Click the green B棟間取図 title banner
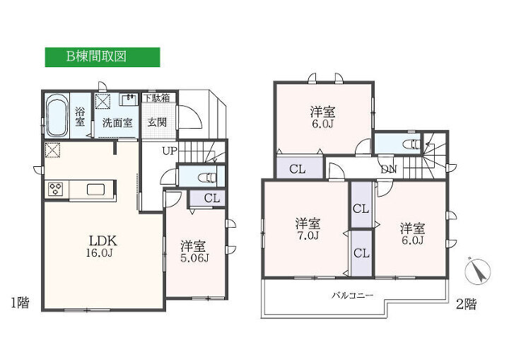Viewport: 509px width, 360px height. point(103,57)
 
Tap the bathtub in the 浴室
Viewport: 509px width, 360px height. point(57,116)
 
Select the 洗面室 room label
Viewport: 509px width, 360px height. point(117,123)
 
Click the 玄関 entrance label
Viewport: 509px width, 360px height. point(157,122)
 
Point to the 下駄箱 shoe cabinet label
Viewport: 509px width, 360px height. point(157,98)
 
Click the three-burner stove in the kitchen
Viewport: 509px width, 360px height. point(56,189)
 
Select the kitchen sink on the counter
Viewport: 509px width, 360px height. point(95,190)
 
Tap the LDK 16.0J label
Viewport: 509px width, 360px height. point(103,246)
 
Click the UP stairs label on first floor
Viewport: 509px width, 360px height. point(170,151)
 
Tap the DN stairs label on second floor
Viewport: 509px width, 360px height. point(389,169)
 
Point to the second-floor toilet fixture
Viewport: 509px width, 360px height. point(411,144)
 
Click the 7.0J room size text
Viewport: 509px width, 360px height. point(308,236)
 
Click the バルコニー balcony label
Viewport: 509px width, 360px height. point(352,296)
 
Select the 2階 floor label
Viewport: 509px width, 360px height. point(466,304)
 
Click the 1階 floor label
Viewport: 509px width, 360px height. point(20,303)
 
